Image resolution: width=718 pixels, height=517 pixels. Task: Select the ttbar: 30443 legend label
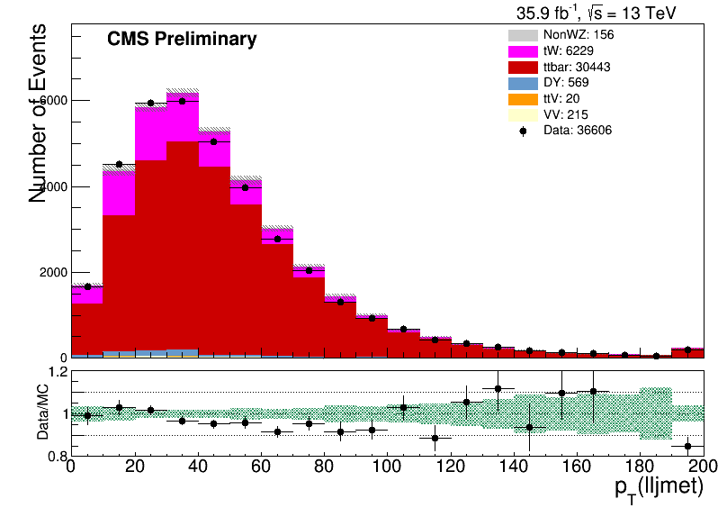tap(577, 67)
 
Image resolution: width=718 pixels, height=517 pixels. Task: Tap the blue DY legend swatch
tap(523, 83)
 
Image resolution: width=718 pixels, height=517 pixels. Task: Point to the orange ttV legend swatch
tap(523, 99)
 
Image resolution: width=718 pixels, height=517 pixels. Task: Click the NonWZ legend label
tap(579, 35)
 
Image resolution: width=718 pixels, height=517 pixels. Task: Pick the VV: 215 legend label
tap(566, 114)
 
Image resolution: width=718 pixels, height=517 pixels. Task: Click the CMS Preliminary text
tap(182, 39)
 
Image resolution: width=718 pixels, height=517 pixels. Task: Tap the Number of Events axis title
tap(37, 113)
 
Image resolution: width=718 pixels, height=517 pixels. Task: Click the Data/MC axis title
tap(42, 412)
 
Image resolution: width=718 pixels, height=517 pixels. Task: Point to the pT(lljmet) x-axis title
tap(659, 488)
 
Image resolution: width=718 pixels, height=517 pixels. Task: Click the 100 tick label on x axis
tap(387, 467)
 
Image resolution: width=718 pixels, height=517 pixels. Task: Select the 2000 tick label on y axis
tap(53, 272)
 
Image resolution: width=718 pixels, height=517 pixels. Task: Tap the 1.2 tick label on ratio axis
tap(58, 371)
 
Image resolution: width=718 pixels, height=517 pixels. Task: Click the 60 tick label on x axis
tap(261, 467)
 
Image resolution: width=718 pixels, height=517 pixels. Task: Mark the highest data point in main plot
tap(182, 101)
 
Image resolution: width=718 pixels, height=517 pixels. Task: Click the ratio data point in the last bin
tap(687, 446)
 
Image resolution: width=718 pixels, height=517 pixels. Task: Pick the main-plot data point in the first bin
tap(87, 287)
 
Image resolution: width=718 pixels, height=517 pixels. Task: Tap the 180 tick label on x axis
tap(640, 467)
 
